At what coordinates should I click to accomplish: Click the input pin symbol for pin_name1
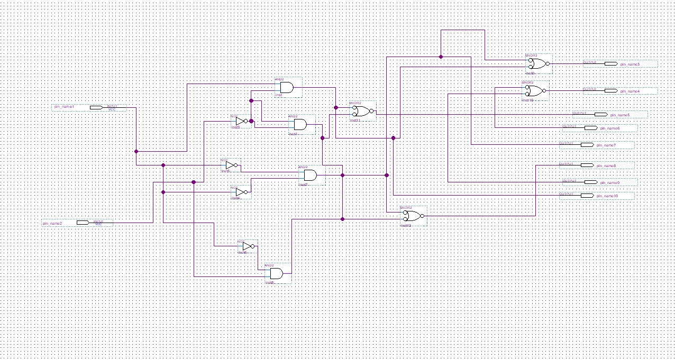click(96, 107)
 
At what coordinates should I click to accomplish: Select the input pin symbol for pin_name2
click(83, 223)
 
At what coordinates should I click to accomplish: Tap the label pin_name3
click(630, 64)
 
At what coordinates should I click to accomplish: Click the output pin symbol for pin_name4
click(610, 91)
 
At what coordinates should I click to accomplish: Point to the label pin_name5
click(619, 115)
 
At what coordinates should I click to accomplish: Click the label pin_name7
click(606, 145)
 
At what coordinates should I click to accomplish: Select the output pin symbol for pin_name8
click(587, 165)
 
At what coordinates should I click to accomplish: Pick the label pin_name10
click(607, 196)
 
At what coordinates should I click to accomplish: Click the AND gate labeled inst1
click(287, 87)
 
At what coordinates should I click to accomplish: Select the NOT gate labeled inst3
click(241, 121)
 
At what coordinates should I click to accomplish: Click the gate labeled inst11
click(362, 111)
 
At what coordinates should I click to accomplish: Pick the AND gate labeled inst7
click(310, 175)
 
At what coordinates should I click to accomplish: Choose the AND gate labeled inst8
click(276, 273)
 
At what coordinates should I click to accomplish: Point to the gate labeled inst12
click(412, 216)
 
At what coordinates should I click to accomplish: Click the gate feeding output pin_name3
click(538, 64)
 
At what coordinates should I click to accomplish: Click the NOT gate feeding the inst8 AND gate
click(248, 246)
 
